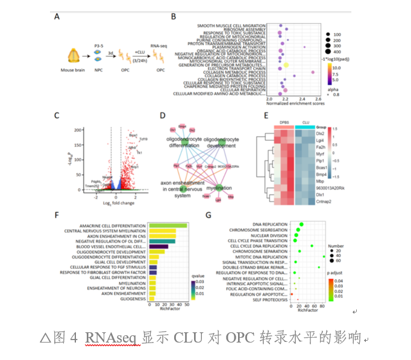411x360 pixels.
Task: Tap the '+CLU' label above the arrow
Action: (x=139, y=51)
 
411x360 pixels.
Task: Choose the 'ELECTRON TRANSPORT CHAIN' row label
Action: (x=232, y=67)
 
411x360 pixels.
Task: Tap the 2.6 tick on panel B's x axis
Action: (x=318, y=99)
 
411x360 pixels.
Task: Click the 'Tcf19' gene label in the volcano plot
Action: (x=143, y=140)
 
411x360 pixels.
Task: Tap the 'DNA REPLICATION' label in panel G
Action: (x=272, y=225)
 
